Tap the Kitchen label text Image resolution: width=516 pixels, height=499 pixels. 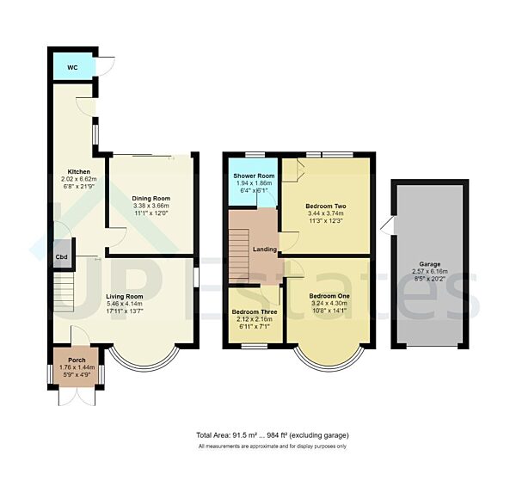[x=68, y=171]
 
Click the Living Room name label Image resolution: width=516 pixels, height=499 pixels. [x=125, y=296]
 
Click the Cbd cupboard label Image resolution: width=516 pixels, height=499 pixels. [x=62, y=256]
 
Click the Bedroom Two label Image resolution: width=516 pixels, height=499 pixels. [x=326, y=206]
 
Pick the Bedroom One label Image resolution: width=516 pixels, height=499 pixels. [x=328, y=295]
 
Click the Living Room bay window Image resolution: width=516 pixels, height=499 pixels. [x=145, y=359]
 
